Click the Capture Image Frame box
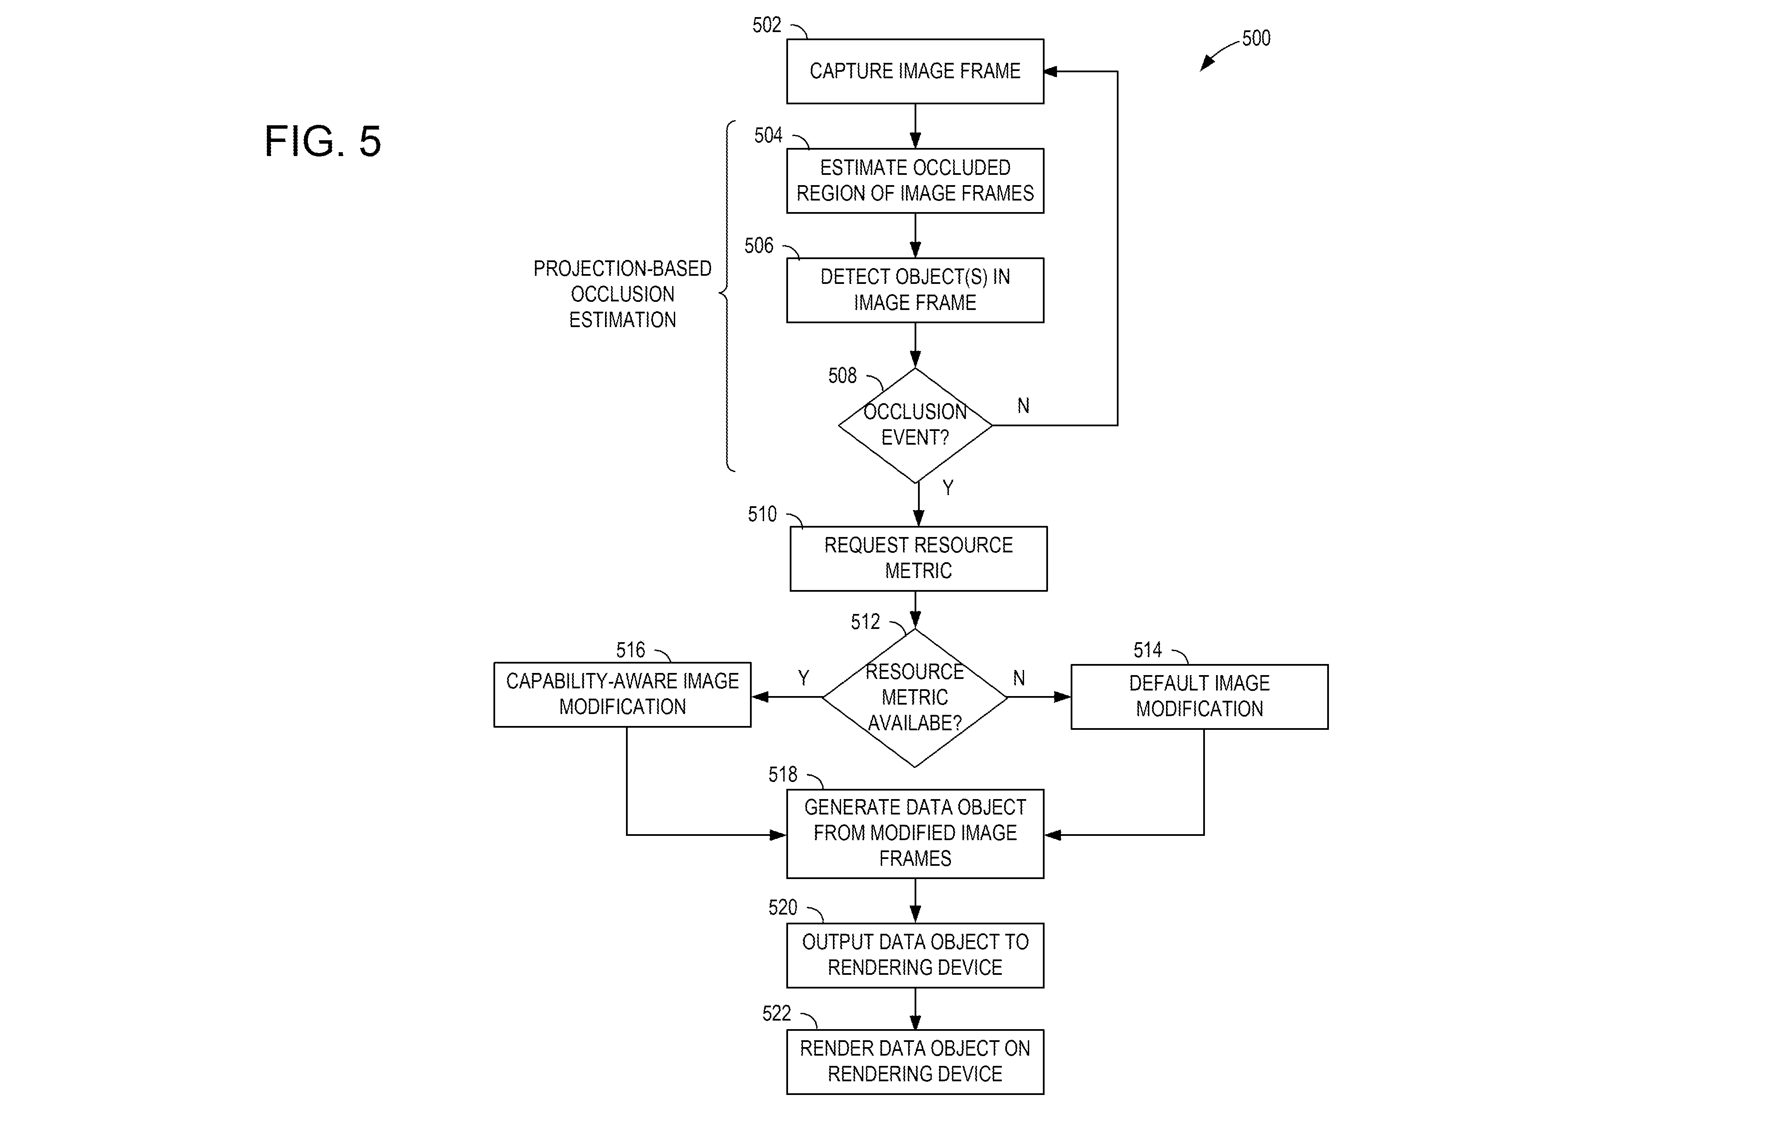(915, 71)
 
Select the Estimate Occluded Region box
(915, 180)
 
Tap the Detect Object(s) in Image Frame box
(915, 290)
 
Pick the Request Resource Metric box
(918, 559)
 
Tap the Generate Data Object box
(915, 834)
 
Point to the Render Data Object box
(915, 1062)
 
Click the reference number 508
(842, 376)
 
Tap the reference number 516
(631, 650)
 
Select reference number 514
(1148, 650)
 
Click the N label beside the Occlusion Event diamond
(1023, 406)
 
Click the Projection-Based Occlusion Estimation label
(623, 294)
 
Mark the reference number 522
(777, 1013)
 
